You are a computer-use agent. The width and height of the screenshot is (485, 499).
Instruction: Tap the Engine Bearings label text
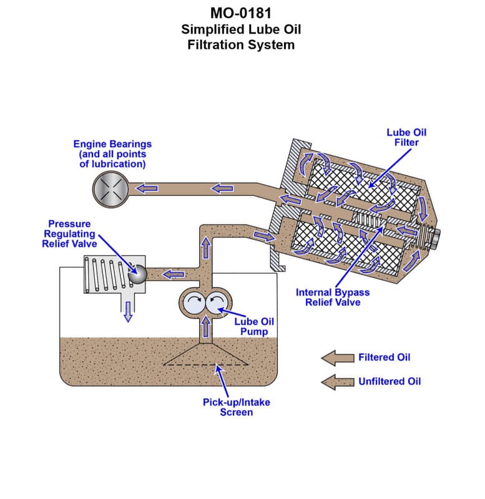coord(112,144)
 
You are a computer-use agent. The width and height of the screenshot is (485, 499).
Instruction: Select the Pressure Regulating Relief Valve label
coord(69,233)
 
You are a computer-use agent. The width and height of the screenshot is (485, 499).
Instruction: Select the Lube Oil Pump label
coord(253,326)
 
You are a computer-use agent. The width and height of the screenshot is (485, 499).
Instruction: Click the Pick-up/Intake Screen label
coord(237,407)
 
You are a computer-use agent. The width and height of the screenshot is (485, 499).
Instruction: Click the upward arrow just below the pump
coord(205,327)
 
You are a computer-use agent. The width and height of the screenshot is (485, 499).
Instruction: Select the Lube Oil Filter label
coord(406,137)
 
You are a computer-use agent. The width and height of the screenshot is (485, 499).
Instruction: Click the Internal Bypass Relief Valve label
coord(332,297)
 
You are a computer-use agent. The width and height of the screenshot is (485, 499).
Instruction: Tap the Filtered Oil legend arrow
coord(337,357)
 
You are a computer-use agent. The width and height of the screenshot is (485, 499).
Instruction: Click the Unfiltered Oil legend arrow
coord(337,382)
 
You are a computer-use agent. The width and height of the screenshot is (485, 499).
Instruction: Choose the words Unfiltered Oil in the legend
coord(389,381)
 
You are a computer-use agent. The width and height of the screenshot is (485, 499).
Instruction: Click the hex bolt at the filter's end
coord(436,237)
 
